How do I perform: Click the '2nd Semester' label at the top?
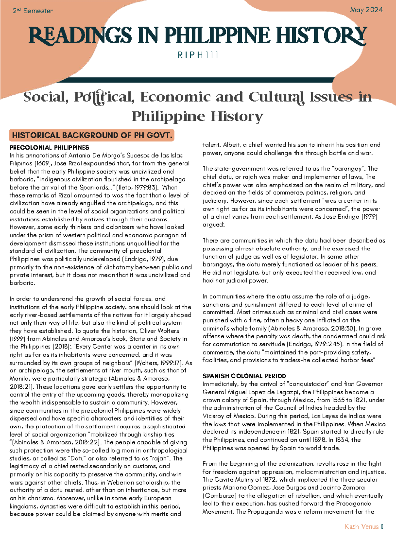[x=33, y=11]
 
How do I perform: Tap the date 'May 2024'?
[x=366, y=10]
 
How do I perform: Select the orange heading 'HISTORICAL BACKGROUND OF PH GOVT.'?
[x=92, y=135]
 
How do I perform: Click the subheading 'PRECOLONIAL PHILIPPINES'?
[x=49, y=148]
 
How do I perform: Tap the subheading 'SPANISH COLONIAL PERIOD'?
[x=244, y=376]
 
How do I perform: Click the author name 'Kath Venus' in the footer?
[x=361, y=527]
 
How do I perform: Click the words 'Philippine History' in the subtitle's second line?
[x=197, y=116]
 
